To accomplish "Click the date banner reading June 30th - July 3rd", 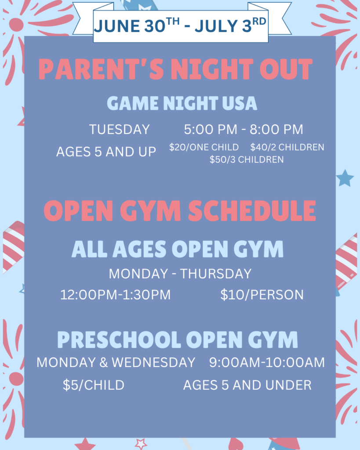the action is tap(180, 25).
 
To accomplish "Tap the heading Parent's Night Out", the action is tap(175, 69).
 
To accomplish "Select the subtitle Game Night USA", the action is tap(182, 103).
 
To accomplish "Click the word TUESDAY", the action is tap(120, 130).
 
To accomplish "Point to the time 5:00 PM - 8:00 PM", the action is tap(244, 130).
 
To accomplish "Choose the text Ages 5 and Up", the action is tap(106, 152).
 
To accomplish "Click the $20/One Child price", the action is tap(204, 147).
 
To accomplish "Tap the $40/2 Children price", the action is tap(287, 147).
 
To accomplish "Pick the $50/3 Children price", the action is tap(247, 160).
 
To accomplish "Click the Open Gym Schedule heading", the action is tap(180, 211).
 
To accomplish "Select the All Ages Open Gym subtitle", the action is tap(178, 249).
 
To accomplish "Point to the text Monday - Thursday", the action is tap(180, 274).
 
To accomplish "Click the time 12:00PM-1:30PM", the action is tap(116, 295).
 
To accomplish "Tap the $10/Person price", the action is tap(262, 295).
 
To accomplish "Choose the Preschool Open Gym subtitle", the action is tap(178, 340).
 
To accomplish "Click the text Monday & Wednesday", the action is tap(116, 363).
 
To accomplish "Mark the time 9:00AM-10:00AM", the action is tap(267, 363).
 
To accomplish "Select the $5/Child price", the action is tap(94, 385).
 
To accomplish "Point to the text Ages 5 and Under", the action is tap(247, 385).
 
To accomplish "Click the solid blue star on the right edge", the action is tap(345, 178).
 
